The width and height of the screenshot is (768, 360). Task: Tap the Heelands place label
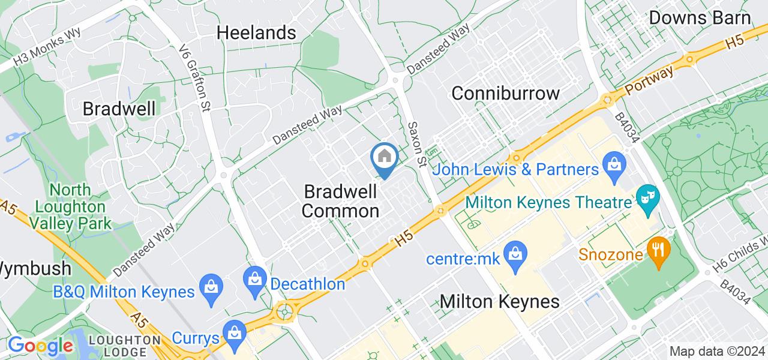click(256, 32)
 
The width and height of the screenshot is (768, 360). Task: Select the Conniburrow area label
click(505, 93)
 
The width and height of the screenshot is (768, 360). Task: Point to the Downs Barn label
click(700, 18)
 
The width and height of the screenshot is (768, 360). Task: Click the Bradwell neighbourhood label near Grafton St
click(119, 109)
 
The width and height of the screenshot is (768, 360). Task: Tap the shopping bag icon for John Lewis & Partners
click(614, 162)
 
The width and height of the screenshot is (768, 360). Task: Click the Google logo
click(40, 346)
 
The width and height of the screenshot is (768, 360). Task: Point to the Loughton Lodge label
click(125, 346)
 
